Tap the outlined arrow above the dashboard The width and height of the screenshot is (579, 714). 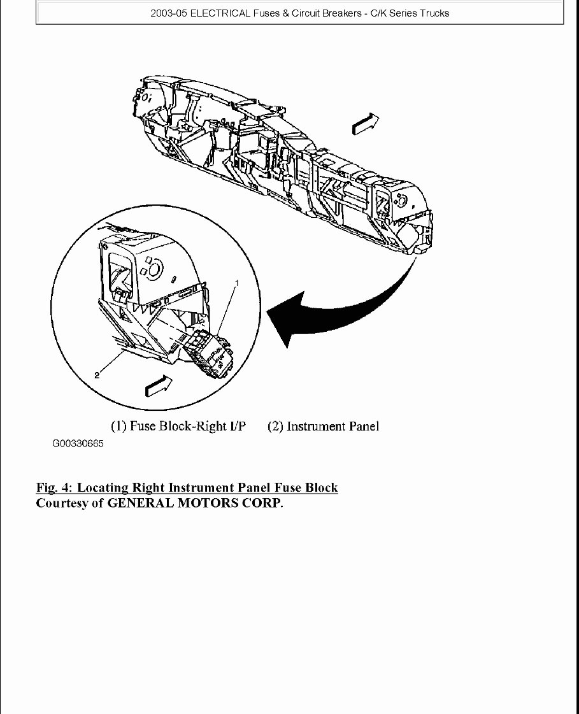click(x=366, y=123)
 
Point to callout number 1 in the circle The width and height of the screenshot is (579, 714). click(x=238, y=282)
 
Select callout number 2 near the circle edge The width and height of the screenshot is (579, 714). click(x=97, y=376)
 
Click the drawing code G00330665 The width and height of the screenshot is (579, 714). click(x=78, y=444)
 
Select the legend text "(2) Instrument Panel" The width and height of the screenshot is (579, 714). click(x=323, y=426)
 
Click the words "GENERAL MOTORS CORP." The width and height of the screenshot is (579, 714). click(x=194, y=503)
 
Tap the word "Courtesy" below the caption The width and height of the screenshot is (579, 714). click(x=62, y=503)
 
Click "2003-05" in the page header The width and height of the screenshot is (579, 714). click(x=169, y=13)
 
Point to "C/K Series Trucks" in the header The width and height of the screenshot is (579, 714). click(x=410, y=13)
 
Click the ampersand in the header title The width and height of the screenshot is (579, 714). click(x=283, y=13)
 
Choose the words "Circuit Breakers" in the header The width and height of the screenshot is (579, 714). click(x=326, y=13)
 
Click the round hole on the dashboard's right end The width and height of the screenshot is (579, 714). click(x=401, y=200)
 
